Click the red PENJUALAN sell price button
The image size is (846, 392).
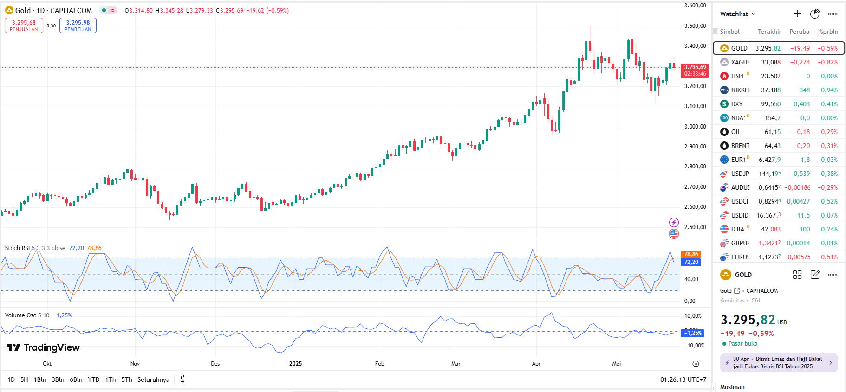tap(24, 26)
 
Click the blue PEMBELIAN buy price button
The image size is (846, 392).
tap(78, 26)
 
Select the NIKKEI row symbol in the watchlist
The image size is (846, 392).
tap(740, 90)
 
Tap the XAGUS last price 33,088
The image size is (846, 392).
tap(770, 62)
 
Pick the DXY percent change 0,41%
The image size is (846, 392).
tap(829, 104)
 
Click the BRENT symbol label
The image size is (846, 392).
tap(740, 146)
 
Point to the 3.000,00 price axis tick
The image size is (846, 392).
tap(695, 126)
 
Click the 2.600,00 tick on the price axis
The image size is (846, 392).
tap(695, 207)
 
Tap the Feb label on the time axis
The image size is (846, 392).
tap(379, 364)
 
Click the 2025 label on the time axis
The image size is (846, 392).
tap(295, 364)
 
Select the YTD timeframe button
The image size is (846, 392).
tap(94, 379)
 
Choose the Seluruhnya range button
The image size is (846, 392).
tap(153, 379)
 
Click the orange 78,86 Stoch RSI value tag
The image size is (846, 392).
tap(691, 254)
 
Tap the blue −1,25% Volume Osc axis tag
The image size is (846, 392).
tap(692, 333)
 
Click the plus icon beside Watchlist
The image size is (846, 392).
tap(797, 14)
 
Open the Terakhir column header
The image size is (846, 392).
tap(768, 32)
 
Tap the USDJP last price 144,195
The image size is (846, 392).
tap(769, 174)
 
